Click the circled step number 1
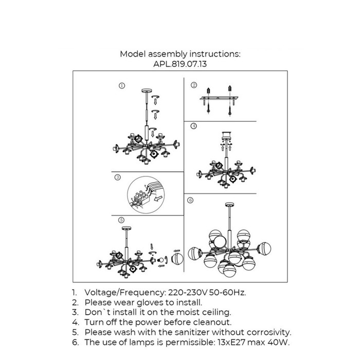coord(121,86)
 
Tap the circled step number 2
coord(194,85)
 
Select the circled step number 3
coord(118,177)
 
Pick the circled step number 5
coord(121,220)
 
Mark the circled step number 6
coord(190,200)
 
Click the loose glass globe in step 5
coord(176,258)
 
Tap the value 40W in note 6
coord(290,342)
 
